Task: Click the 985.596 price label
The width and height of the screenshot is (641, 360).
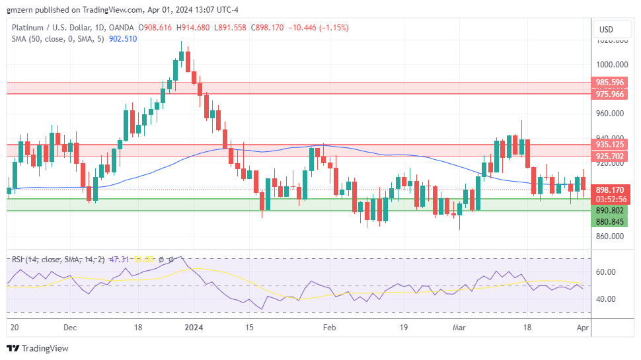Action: click(609, 83)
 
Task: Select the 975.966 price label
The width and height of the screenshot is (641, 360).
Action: click(609, 94)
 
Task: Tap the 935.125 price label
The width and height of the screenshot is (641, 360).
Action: click(609, 145)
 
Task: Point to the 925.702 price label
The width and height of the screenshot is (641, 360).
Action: click(609, 157)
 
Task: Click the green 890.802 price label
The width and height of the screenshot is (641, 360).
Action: click(609, 210)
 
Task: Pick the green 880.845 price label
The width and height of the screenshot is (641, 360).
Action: click(609, 222)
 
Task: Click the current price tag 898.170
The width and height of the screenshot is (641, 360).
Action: click(609, 190)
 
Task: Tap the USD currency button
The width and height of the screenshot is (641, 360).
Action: click(605, 30)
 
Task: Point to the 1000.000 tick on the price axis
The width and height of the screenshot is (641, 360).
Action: click(611, 65)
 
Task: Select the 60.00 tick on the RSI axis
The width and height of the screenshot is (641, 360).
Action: click(606, 272)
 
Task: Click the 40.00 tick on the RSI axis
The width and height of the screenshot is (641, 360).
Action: click(606, 299)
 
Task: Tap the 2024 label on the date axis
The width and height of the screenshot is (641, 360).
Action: click(194, 327)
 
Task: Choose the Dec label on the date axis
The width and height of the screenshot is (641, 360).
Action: click(71, 327)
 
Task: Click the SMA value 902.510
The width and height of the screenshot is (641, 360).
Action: click(122, 39)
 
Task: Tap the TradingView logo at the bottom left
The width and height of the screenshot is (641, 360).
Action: click(38, 348)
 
